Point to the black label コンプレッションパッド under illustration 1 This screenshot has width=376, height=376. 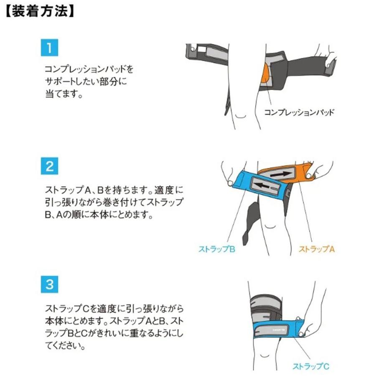pyautogui.click(x=299, y=112)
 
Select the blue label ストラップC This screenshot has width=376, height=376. pyautogui.click(x=310, y=367)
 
